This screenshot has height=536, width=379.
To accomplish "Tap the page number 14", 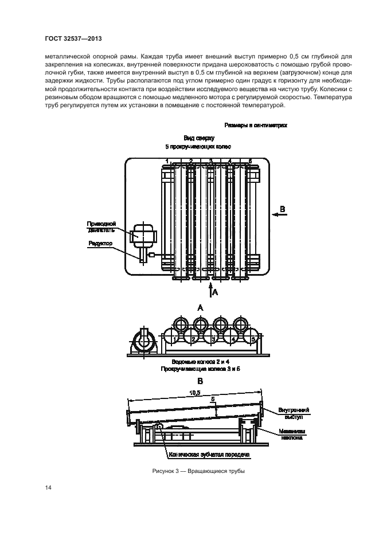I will pyautogui.click(x=48, y=488).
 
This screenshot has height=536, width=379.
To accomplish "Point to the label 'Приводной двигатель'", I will pyautogui.click(x=102, y=226).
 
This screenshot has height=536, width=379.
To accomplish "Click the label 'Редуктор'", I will pyautogui.click(x=101, y=244).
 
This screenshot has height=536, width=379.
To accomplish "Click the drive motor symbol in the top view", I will pyautogui.click(x=140, y=234).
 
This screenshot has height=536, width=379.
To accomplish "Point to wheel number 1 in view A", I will pyautogui.click(x=172, y=339).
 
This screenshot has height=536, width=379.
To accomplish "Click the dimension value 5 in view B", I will pyautogui.click(x=212, y=399).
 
